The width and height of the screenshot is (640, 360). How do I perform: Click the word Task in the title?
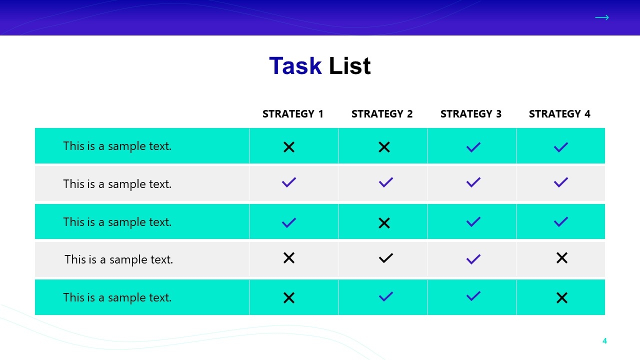[x=295, y=66]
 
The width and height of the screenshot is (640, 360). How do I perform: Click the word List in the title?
[x=349, y=66]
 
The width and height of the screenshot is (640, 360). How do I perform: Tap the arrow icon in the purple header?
[x=602, y=17]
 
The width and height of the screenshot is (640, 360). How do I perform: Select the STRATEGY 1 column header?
[x=293, y=113]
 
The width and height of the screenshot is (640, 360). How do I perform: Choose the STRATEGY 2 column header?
[x=382, y=113]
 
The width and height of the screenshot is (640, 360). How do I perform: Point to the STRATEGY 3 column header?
[x=471, y=113]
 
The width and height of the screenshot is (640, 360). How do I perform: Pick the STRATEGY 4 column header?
[x=559, y=113]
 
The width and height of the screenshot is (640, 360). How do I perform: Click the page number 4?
[x=604, y=341]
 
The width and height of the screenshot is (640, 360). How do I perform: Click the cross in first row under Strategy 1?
[x=289, y=147]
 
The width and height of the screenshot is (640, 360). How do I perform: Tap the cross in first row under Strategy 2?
[x=384, y=147]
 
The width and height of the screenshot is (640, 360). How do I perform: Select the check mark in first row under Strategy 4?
[x=561, y=147]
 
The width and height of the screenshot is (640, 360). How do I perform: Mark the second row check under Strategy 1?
[x=289, y=182]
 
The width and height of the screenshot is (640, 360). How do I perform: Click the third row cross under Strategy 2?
[x=384, y=223]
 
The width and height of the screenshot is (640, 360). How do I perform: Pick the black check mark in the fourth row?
[x=385, y=258]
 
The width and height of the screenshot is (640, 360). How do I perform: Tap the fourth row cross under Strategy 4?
[x=562, y=258]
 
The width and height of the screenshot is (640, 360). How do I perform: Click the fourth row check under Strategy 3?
[x=473, y=259]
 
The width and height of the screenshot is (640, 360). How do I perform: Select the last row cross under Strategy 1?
[x=289, y=297]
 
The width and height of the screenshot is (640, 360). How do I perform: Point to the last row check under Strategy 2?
[x=385, y=296]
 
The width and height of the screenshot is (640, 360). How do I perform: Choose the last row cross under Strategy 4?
[x=562, y=297]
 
